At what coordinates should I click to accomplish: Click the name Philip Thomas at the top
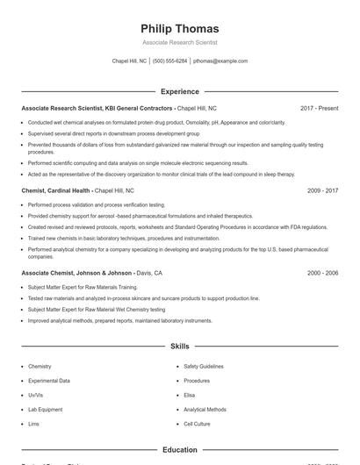click(x=179, y=29)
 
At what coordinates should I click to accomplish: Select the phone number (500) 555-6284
click(x=169, y=61)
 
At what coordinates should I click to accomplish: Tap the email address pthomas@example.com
click(x=220, y=61)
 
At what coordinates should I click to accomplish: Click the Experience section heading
click(x=180, y=91)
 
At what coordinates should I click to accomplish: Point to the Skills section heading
click(x=180, y=347)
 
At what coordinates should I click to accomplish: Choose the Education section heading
click(x=180, y=450)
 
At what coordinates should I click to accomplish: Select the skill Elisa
click(x=189, y=395)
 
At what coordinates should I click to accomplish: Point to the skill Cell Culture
click(x=198, y=424)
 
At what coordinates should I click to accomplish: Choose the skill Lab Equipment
click(x=46, y=410)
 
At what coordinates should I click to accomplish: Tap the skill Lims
click(x=34, y=424)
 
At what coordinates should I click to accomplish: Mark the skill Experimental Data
click(x=49, y=381)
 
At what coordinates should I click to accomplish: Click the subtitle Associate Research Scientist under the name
click(x=179, y=42)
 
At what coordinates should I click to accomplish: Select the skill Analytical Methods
click(x=205, y=410)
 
